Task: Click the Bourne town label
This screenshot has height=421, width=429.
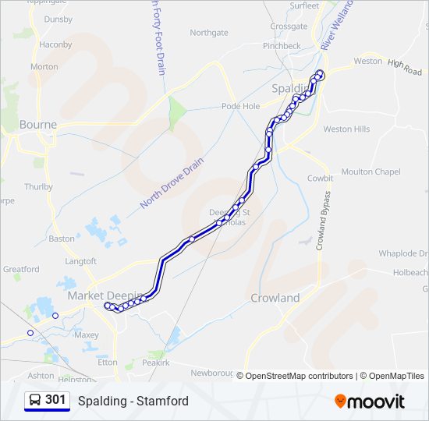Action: point(37,124)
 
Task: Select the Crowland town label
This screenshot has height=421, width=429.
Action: point(275,298)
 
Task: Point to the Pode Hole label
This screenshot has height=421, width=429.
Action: point(240,106)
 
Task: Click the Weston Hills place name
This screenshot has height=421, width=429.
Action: point(346,129)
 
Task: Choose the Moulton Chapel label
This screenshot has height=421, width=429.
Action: point(370,172)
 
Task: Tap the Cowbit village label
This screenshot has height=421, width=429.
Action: point(320,178)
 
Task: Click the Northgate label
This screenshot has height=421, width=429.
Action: point(209,33)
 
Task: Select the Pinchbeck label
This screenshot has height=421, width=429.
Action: point(282,46)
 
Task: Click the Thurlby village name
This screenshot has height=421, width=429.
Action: point(38,186)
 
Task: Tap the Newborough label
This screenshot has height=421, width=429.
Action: point(213,373)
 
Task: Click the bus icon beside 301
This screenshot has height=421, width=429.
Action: point(34,400)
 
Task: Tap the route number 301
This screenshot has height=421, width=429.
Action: point(55,400)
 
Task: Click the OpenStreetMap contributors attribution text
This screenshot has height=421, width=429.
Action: point(298,376)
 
